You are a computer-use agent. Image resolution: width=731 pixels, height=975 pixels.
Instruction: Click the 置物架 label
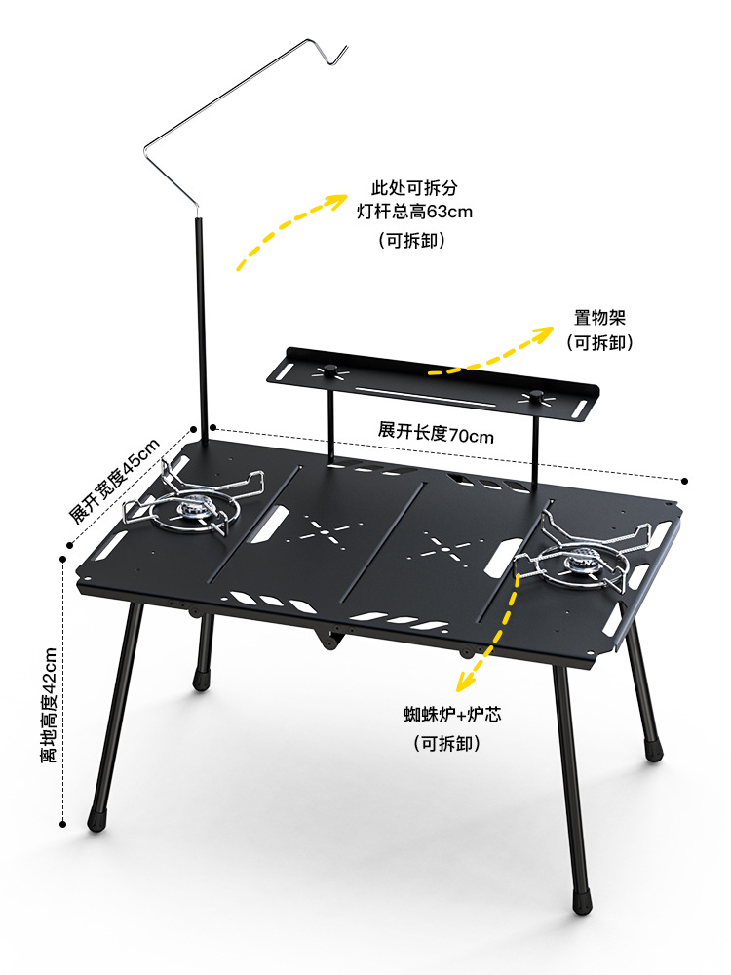pyautogui.click(x=599, y=318)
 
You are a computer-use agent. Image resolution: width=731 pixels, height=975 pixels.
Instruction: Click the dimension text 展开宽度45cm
pyautogui.click(x=113, y=482)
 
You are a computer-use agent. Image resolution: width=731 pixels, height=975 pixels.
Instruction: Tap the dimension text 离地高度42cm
pyautogui.click(x=49, y=705)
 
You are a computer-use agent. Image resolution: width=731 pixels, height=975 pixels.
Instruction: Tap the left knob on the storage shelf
pyautogui.click(x=330, y=369)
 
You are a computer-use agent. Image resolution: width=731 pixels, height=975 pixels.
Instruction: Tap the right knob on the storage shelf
pyautogui.click(x=535, y=395)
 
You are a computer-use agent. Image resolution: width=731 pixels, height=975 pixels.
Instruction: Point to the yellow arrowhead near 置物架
pyautogui.click(x=548, y=333)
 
